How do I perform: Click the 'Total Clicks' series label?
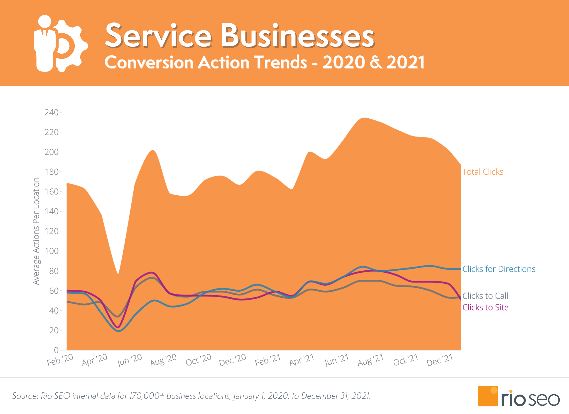[x=483, y=172]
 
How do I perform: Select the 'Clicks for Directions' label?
[x=499, y=269]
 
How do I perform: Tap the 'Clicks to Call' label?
[x=485, y=296]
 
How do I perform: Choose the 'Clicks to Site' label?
[x=485, y=307]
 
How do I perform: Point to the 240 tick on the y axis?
[x=51, y=112]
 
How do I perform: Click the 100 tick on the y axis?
[x=51, y=251]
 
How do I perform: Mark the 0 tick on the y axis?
[x=56, y=350]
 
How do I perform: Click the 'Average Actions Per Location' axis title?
[x=36, y=231]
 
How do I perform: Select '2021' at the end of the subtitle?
[x=406, y=62]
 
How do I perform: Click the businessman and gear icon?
[x=61, y=43]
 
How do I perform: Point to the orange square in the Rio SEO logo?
[x=488, y=396]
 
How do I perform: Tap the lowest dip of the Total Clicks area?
[x=118, y=274]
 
